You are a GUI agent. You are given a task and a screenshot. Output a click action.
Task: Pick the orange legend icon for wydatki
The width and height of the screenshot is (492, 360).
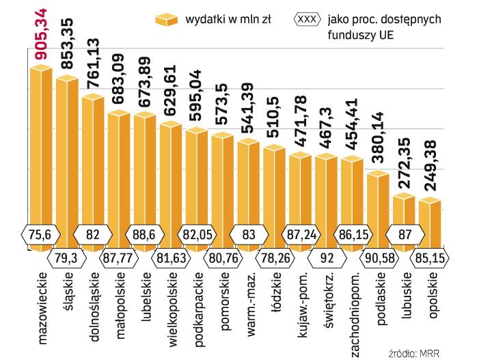click(165, 20)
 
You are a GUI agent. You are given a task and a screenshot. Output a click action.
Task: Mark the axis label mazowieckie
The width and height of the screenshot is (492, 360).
click(40, 311)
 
